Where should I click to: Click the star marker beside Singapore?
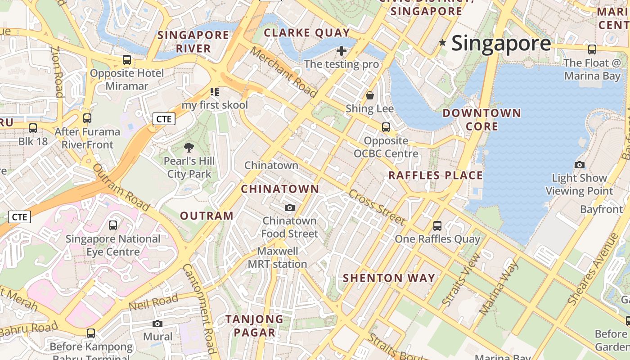442,43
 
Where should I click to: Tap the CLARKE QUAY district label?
307,32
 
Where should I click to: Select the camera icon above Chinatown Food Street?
290,207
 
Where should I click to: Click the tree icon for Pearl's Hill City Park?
189,147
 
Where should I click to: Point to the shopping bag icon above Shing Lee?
370,95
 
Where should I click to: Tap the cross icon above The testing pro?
342,50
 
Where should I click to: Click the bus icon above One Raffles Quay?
437,225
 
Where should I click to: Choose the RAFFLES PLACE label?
436,175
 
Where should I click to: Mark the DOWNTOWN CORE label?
481,120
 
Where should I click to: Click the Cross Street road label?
377,207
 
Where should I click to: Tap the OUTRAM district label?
207,216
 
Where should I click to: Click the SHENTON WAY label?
389,278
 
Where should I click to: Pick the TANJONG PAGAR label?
254,326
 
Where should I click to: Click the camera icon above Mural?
157,324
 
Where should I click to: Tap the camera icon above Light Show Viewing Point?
580,165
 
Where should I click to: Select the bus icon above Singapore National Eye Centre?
113,225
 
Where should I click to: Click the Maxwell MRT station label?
278,257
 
